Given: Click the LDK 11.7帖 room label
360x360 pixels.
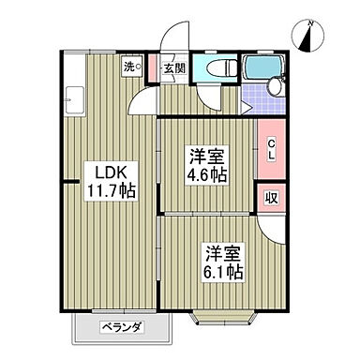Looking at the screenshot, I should [x=112, y=180].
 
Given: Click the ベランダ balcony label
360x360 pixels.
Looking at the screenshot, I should [x=123, y=327].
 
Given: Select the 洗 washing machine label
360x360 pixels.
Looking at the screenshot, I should [x=132, y=67].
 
